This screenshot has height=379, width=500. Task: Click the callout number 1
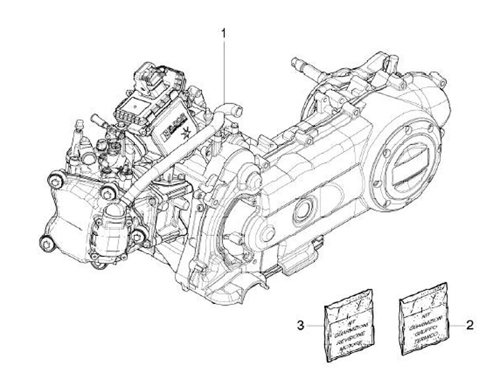point(224,33)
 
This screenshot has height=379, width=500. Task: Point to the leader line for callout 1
point(224,69)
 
